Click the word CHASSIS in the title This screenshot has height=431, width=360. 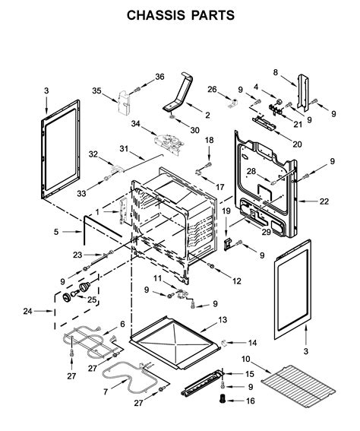tap(156, 15)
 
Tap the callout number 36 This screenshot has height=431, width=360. tap(159, 77)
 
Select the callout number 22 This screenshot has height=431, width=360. tap(324, 201)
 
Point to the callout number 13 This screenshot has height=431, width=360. tap(223, 320)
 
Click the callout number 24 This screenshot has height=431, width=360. tap(28, 311)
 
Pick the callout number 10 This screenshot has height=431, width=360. tap(246, 359)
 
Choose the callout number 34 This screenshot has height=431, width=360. tap(135, 124)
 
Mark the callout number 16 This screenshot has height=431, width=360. tap(251, 401)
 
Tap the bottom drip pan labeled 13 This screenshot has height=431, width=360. tap(175, 342)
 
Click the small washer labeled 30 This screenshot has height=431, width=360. tap(172, 118)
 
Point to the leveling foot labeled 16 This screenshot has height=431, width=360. tap(223, 398)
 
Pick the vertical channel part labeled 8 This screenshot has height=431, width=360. tap(303, 93)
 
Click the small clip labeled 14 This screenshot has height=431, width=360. tap(224, 343)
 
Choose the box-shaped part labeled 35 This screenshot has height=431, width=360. tap(124, 103)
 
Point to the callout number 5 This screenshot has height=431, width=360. tap(56, 232)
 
